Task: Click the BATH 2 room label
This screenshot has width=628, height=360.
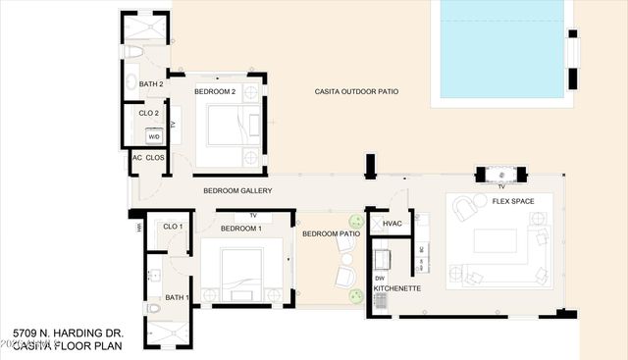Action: coord(150,84)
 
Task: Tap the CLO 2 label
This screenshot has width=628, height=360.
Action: coord(149,113)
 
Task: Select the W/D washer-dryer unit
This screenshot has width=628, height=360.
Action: coord(154,136)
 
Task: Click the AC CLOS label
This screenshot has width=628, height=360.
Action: coord(148,157)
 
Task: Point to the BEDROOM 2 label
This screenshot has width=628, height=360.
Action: coord(215,91)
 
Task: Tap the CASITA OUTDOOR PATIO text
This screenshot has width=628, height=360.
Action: coord(356,91)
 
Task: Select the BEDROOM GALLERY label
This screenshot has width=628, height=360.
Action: coord(237,190)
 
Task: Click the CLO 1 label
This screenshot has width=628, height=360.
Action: coord(173,227)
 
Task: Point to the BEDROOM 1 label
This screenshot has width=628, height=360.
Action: coord(240,229)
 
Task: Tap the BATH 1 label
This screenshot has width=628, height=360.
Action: coord(176,297)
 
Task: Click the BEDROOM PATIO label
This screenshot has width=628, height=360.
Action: coord(331,234)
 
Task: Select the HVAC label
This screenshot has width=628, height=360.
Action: coord(392,225)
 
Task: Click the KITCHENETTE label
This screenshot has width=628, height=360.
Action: coord(396,288)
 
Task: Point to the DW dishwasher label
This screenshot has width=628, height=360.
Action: coord(379,278)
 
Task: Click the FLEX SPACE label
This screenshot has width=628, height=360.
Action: coord(513,200)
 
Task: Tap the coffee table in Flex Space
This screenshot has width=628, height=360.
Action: coord(495,241)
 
